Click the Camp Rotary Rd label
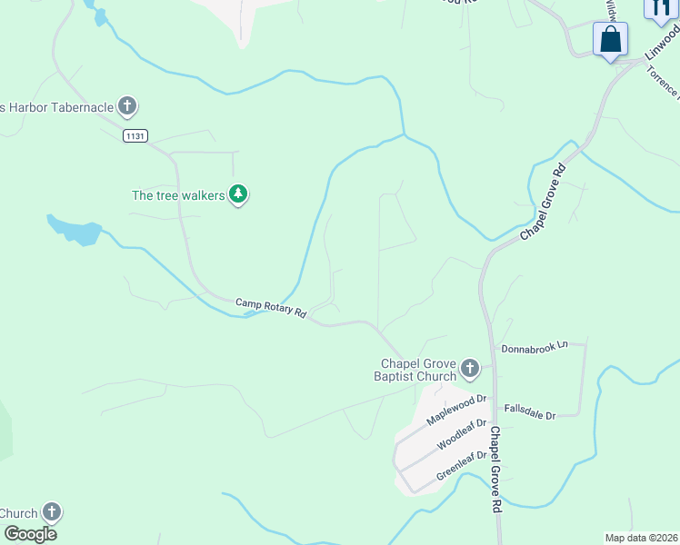coord(271,308)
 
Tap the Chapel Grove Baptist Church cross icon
coord(469,368)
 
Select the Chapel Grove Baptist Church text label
coord(417,370)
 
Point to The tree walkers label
coord(178,194)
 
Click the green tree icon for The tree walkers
coord(238,193)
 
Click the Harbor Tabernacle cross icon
coord(127,107)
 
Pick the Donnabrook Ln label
coord(534,346)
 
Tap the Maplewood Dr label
coord(456,411)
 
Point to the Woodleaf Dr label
coord(462,434)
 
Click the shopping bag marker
coord(609,40)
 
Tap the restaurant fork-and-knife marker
coord(659,8)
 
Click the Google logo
coord(30,534)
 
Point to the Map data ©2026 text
coord(641,538)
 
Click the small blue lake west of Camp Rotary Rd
coord(75,230)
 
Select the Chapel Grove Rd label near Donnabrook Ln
coord(496,471)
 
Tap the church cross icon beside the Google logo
coord(52,512)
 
